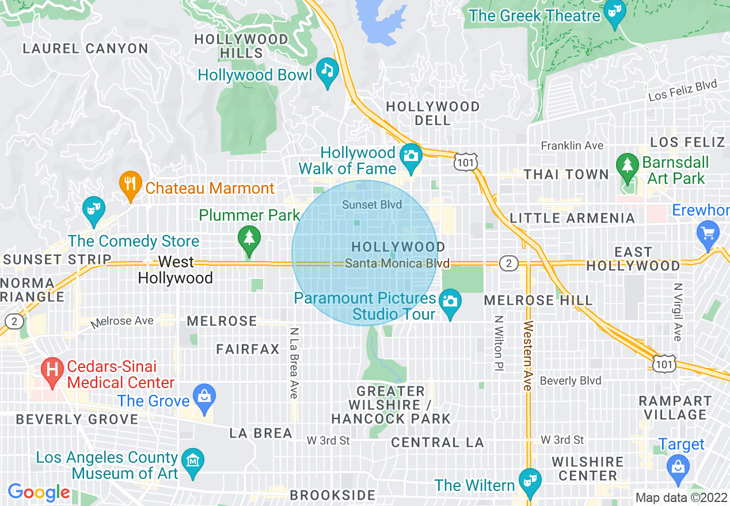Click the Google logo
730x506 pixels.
39,492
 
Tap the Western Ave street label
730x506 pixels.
527,356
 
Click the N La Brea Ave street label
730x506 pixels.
294,363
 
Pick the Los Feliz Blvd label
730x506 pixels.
683,91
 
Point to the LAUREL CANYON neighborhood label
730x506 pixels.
85,49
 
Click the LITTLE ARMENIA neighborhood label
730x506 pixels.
572,218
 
